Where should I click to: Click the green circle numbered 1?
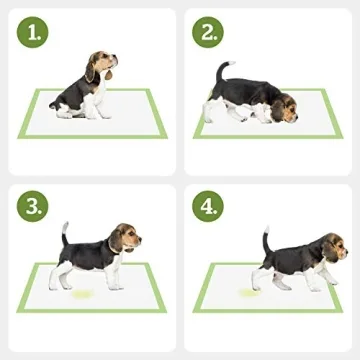point(35,34)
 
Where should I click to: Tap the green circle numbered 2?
point(211,34)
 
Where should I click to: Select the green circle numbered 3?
point(35,207)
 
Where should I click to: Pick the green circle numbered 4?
point(211,207)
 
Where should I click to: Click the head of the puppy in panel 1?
point(102,65)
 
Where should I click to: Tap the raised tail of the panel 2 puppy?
point(222,72)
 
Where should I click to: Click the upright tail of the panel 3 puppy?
point(66,233)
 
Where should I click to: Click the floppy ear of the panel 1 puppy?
point(94,70)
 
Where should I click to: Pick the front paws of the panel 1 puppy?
point(101,114)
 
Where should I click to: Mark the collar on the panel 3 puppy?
point(113,247)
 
